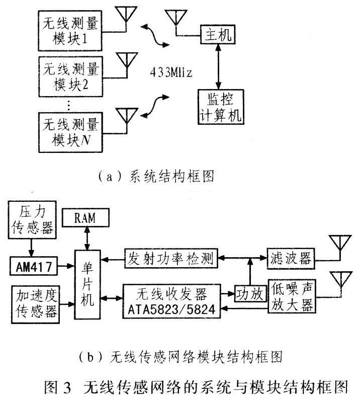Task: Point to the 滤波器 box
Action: (x=290, y=260)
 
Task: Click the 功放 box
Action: (x=250, y=293)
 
